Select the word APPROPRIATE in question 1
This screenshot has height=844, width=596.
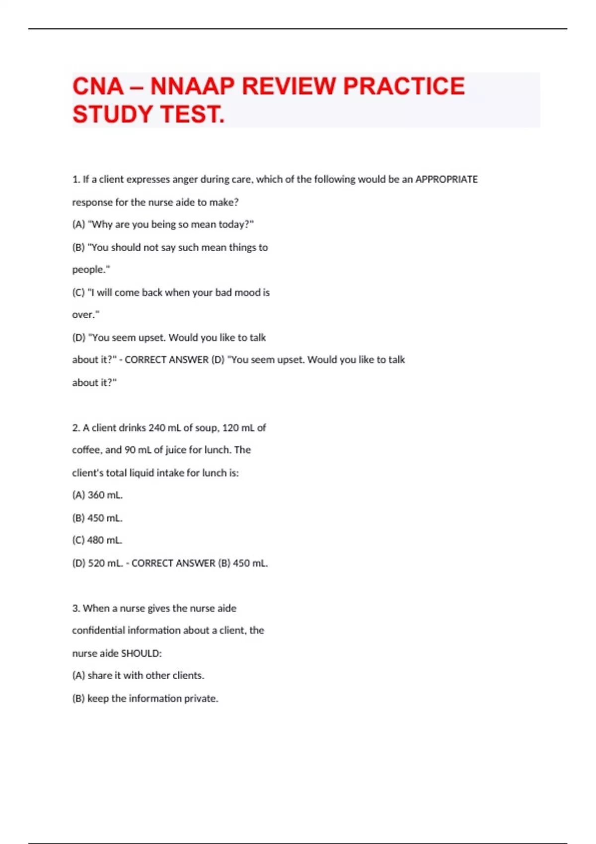click(x=446, y=179)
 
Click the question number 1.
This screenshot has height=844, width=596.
click(x=75, y=179)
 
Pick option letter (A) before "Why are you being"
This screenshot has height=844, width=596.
click(x=78, y=224)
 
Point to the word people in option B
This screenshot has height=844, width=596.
click(x=89, y=270)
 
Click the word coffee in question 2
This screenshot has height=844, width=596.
click(x=86, y=450)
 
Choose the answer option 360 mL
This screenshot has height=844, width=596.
click(x=105, y=495)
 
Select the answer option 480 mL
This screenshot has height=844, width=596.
click(x=105, y=540)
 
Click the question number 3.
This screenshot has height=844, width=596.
click(x=75, y=608)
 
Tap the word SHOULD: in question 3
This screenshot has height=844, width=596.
click(x=141, y=653)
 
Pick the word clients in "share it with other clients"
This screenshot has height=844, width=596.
click(x=188, y=676)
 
